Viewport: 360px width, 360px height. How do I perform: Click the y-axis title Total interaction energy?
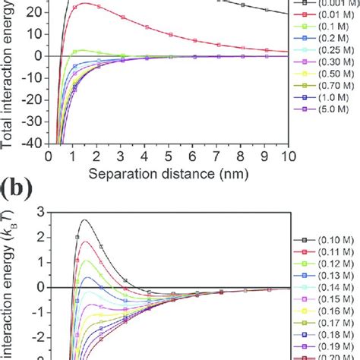[8, 76]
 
